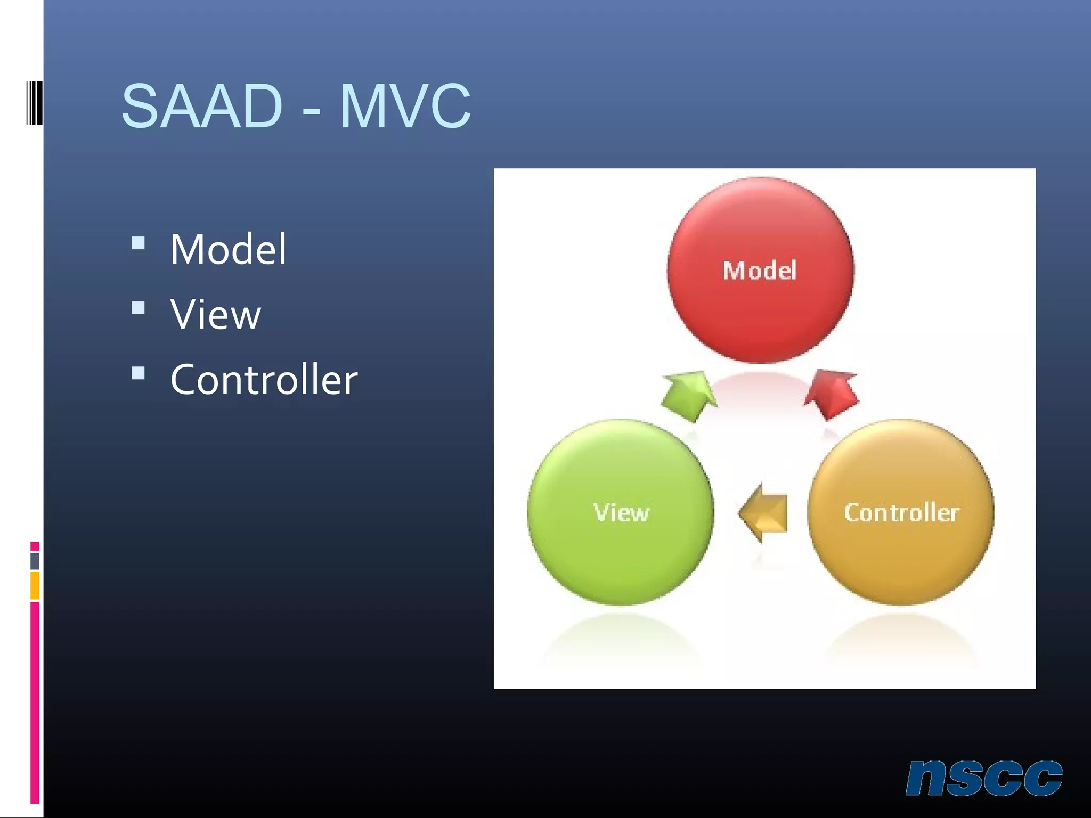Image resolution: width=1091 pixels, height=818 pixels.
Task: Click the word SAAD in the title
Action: [201, 107]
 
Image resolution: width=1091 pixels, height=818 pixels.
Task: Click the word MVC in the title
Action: [405, 107]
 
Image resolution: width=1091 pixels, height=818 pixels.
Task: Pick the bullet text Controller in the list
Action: [264, 380]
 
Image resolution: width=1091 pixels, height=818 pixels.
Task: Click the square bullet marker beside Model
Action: [138, 243]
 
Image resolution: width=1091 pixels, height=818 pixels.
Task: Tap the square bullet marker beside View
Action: [138, 308]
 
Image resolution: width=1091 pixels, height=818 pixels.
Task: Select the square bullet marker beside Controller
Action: [138, 373]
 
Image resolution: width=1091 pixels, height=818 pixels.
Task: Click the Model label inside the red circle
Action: [760, 271]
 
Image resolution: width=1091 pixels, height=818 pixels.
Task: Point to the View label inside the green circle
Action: [621, 512]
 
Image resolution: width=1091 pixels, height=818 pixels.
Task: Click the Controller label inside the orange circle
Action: [901, 512]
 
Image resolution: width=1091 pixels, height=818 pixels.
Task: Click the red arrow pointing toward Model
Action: [832, 393]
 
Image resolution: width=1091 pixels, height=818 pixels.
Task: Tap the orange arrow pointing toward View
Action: [764, 513]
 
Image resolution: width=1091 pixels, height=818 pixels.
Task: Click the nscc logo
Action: [984, 778]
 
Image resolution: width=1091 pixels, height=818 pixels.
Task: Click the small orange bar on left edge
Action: [35, 586]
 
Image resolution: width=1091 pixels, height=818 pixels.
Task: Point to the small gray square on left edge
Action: [35, 561]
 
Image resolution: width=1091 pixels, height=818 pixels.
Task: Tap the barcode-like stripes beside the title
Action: [34, 103]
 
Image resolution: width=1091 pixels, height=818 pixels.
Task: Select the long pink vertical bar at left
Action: [35, 702]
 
